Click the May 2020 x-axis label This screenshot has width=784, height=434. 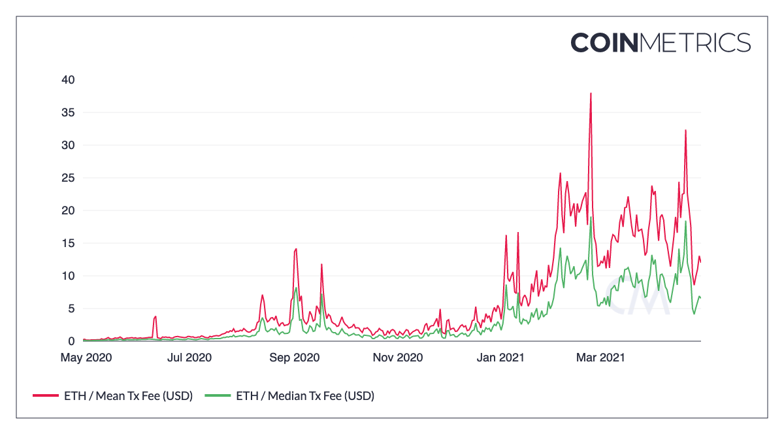pyautogui.click(x=86, y=358)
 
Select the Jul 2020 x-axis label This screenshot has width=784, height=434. pyautogui.click(x=190, y=358)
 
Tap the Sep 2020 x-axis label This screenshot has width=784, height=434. pyautogui.click(x=295, y=358)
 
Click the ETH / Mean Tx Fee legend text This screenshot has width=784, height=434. pyautogui.click(x=128, y=395)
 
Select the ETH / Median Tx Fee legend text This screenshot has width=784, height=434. pyautogui.click(x=304, y=395)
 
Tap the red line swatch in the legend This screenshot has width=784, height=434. pyautogui.click(x=45, y=395)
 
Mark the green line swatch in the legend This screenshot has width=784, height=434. pyautogui.click(x=218, y=395)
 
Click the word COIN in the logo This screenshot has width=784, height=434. pyautogui.click(x=604, y=42)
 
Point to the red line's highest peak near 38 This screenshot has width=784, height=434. pyautogui.click(x=591, y=93)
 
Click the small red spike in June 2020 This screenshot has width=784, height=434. pyautogui.click(x=155, y=316)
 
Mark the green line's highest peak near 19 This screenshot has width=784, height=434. pyautogui.click(x=591, y=218)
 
